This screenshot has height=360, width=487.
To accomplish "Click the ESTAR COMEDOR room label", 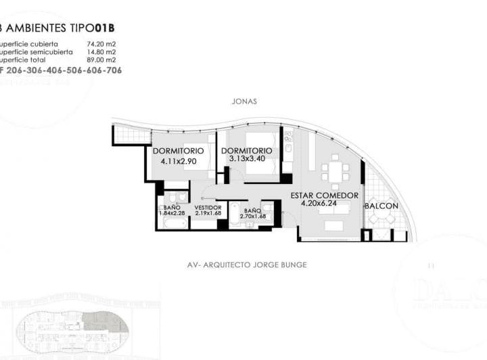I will point(324,196).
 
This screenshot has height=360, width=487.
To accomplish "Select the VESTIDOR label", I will point(208,207).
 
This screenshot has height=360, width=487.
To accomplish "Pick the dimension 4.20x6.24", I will point(324,204).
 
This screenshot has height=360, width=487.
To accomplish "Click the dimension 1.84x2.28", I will point(172,214).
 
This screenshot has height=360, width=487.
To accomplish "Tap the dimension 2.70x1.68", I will point(252,217).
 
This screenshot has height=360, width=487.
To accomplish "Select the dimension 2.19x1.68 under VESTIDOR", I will point(208,214).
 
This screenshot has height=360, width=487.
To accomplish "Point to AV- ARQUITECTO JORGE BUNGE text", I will point(246,265).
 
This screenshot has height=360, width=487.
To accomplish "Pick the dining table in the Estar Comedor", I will point(334,171).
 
